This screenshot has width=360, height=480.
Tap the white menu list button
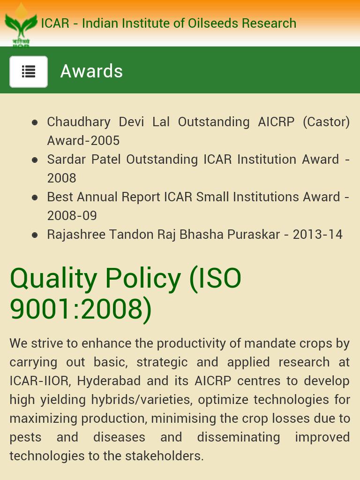click(x=29, y=72)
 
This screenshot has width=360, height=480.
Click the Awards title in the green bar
click(x=91, y=71)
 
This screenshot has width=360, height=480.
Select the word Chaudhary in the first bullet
click(x=79, y=122)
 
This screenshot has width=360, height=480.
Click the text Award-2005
click(x=83, y=140)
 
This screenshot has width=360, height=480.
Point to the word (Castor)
click(x=326, y=122)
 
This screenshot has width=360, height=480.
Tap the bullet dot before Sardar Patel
click(x=35, y=160)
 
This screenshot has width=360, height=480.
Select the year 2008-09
click(x=72, y=215)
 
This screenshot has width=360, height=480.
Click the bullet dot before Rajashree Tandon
click(x=35, y=235)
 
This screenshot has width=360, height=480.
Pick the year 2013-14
click(x=317, y=235)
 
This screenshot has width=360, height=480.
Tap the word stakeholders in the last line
click(x=164, y=456)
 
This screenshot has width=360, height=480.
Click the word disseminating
click(x=239, y=437)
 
